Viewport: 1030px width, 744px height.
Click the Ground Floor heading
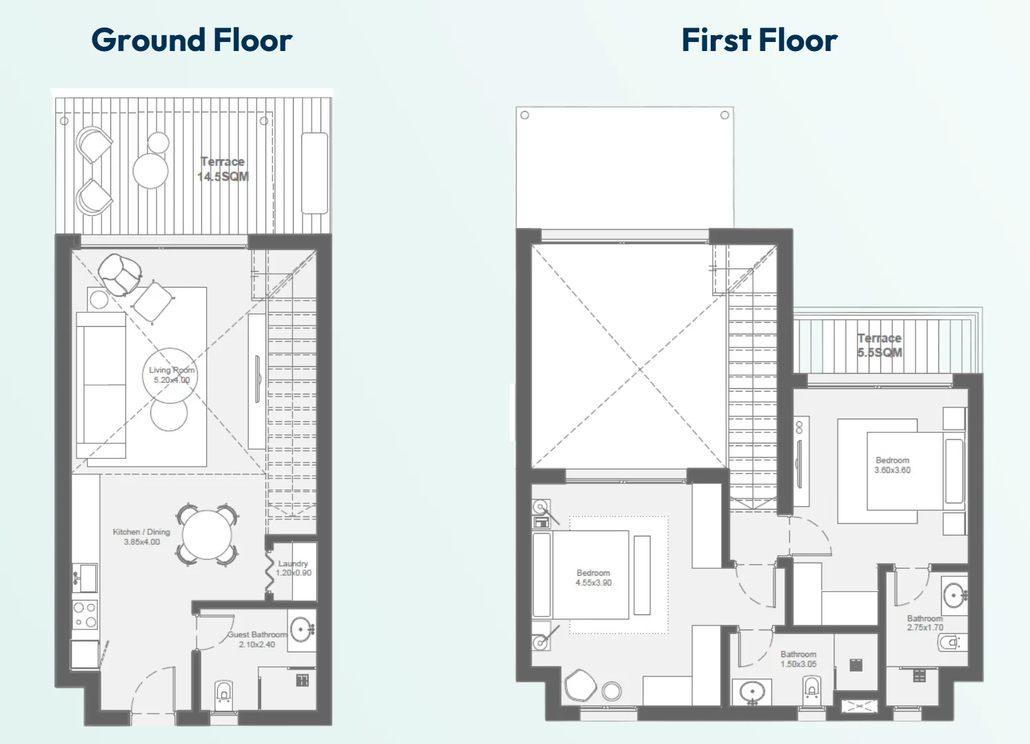click(x=192, y=39)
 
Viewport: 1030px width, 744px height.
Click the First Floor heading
click(x=760, y=39)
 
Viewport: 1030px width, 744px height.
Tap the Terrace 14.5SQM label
click(x=223, y=169)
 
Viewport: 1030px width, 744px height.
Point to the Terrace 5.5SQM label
click(x=880, y=345)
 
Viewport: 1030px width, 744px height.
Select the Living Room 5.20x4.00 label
click(x=172, y=375)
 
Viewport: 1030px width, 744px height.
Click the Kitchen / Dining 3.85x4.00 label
click(x=141, y=536)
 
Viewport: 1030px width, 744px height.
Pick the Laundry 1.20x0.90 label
click(x=294, y=568)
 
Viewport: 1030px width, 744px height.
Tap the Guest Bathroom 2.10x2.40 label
click(x=256, y=639)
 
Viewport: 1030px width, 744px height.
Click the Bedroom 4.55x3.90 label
click(x=593, y=578)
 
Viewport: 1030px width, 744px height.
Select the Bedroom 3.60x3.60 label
click(x=893, y=465)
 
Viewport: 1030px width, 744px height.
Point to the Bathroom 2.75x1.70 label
click(x=925, y=623)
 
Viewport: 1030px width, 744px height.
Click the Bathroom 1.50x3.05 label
click(x=798, y=659)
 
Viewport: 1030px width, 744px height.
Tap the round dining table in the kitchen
click(x=207, y=535)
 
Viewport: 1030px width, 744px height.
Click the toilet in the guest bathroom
click(x=223, y=694)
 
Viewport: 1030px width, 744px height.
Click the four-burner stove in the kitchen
click(x=85, y=615)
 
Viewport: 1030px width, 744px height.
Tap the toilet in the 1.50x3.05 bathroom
click(x=811, y=689)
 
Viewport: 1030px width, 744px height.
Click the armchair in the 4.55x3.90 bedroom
click(x=580, y=685)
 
